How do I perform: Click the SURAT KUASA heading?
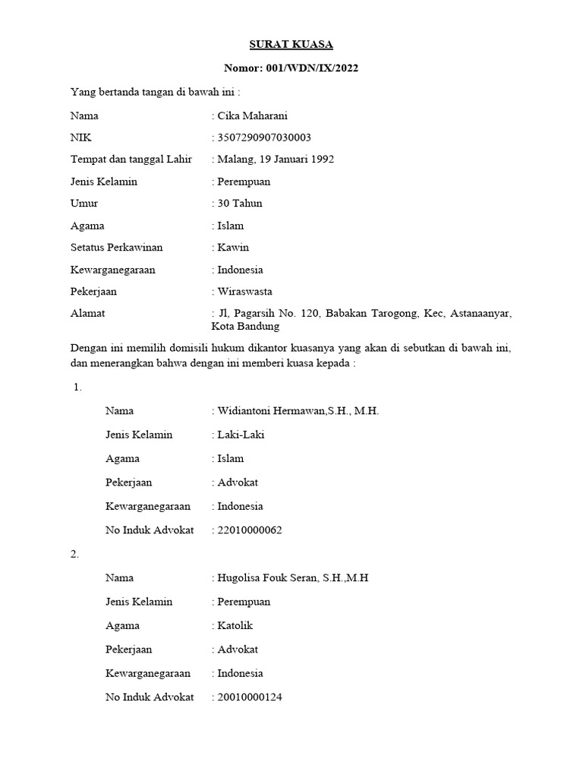[x=291, y=45]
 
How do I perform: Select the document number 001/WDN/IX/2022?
[x=313, y=68]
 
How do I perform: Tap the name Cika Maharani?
[x=253, y=116]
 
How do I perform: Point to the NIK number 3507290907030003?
[x=264, y=138]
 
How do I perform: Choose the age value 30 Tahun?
[x=240, y=204]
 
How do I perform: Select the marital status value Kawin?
[x=233, y=248]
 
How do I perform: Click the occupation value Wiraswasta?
[x=244, y=291]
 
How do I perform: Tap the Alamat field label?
[x=87, y=313]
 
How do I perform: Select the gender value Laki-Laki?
[x=241, y=435]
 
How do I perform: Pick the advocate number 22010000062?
[x=250, y=530]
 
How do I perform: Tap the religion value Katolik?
[x=235, y=626]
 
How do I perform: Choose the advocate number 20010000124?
[x=250, y=697]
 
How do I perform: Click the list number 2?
[x=74, y=555]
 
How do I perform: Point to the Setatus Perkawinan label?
[x=116, y=248]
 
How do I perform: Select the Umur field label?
[x=84, y=204]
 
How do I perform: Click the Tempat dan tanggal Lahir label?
[x=131, y=160]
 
